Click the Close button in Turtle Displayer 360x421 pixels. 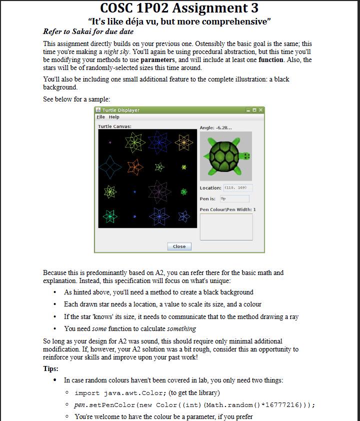coord(179,246)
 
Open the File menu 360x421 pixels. coord(101,117)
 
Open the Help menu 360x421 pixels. coord(113,117)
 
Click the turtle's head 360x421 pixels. coord(245,156)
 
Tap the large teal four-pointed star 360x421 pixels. coord(110,167)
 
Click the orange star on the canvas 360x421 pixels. coord(134,166)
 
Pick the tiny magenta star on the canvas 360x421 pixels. coord(110,142)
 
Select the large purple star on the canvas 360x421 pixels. coord(159,191)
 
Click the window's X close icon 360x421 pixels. coord(260,109)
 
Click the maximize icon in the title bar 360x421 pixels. coord(254,109)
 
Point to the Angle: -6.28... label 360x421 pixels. coord(215,128)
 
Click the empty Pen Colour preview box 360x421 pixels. coord(226,226)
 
